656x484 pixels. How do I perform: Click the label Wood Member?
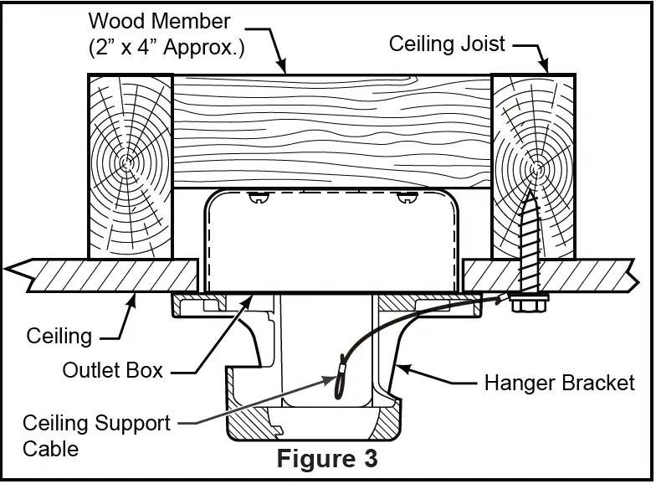click(159, 21)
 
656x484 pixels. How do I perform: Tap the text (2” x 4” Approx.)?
click(167, 47)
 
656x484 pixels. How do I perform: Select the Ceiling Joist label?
click(447, 44)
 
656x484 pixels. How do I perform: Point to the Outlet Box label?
click(112, 370)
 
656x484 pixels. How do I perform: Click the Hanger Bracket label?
click(559, 383)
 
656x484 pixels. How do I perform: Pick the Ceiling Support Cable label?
click(97, 435)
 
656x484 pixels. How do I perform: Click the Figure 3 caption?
click(327, 458)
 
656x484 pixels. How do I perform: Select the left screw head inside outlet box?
click(259, 198)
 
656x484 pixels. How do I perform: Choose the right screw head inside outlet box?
click(407, 198)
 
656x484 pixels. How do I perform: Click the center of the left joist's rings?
click(126, 162)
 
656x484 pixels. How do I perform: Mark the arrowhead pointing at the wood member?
click(283, 67)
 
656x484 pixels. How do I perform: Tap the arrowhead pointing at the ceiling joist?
click(544, 65)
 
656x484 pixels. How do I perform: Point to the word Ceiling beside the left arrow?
click(59, 337)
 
